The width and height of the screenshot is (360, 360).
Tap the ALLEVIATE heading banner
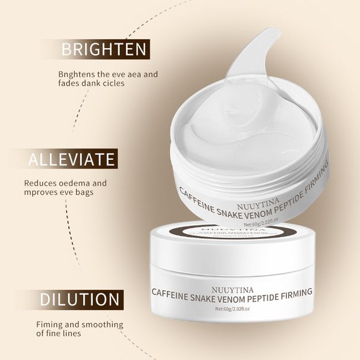pyautogui.click(x=71, y=159)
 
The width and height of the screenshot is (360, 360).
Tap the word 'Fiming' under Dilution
pyautogui.click(x=49, y=324)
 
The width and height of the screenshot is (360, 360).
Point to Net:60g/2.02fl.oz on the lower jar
pyautogui.click(x=232, y=308)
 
